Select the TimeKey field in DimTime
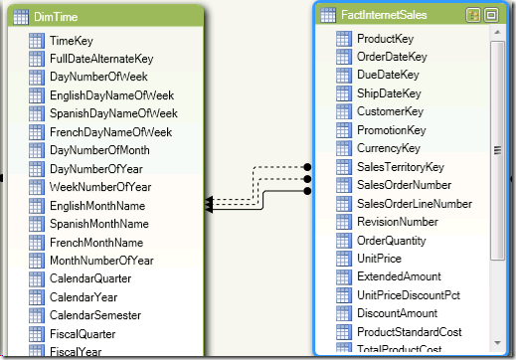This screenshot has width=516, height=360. click(72, 41)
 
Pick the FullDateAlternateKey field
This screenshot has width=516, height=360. click(101, 59)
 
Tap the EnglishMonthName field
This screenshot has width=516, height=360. click(96, 205)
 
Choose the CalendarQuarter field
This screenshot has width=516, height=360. click(89, 278)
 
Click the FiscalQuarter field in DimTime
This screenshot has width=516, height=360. click(83, 333)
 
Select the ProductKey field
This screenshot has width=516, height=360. click(385, 39)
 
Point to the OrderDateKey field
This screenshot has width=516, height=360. click(392, 57)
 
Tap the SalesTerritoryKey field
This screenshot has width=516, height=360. click(400, 167)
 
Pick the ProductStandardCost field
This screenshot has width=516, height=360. click(408, 331)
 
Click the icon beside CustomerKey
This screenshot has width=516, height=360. click(344, 112)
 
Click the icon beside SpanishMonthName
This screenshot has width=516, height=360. click(37, 224)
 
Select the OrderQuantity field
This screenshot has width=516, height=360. click(392, 241)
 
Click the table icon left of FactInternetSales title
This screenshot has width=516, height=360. click(327, 15)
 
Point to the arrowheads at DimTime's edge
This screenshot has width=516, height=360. click(210, 205)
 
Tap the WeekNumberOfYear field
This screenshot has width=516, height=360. click(100, 187)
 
